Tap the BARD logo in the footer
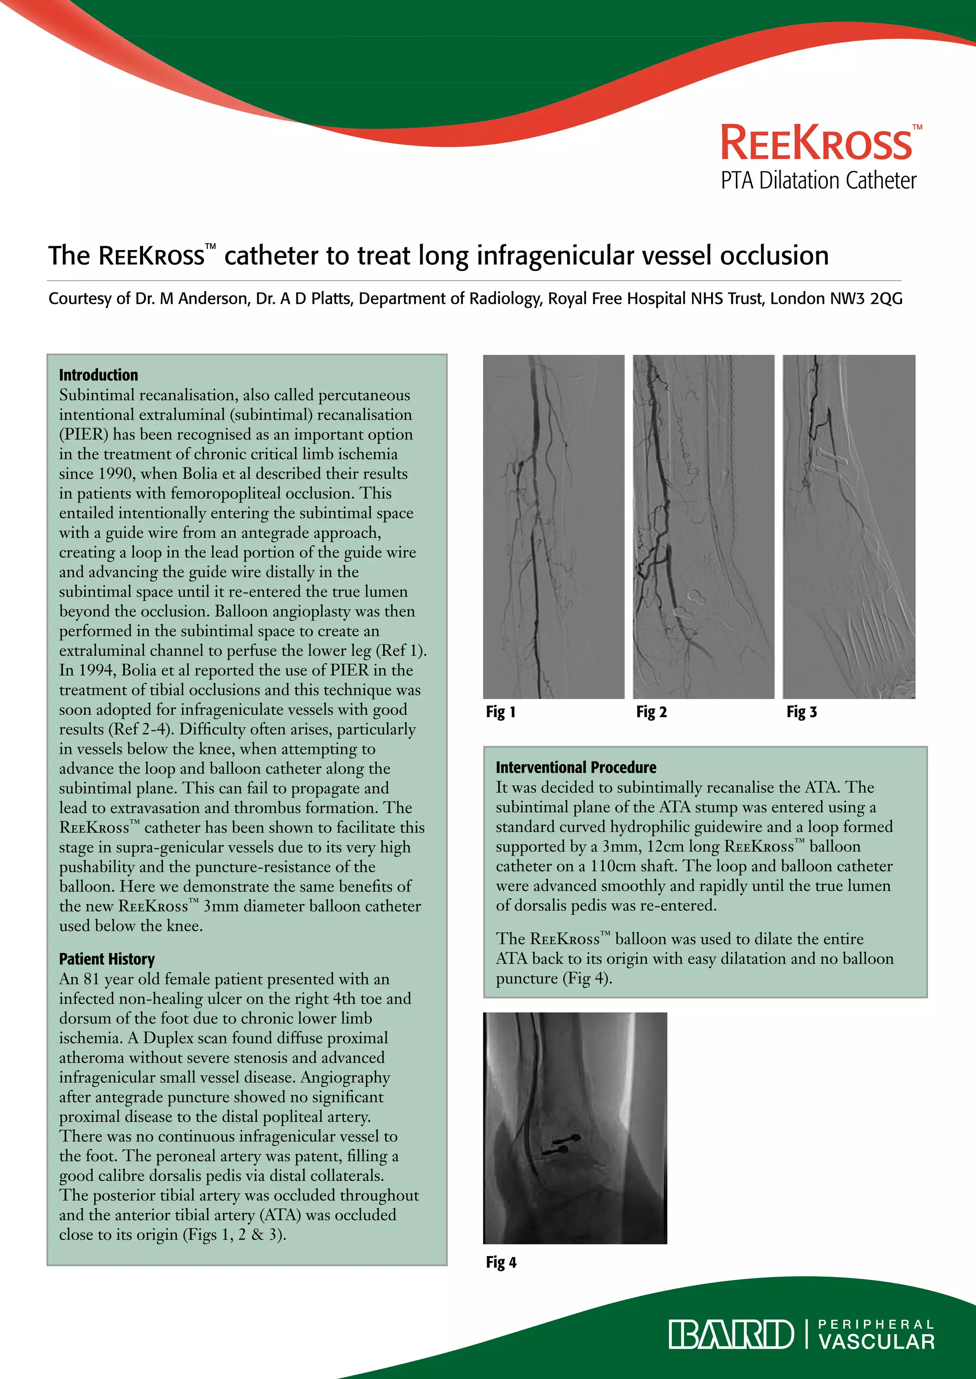point(731,1335)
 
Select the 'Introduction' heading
point(99,375)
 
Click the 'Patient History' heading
point(107,959)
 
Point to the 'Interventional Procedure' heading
point(576,767)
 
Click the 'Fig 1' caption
point(500,712)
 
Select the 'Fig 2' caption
point(651,712)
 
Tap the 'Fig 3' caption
point(802,712)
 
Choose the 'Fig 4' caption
point(500,1262)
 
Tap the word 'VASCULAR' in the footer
point(877,1342)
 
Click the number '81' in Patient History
point(91,979)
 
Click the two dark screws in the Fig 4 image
point(560,1144)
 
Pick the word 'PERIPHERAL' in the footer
point(877,1324)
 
